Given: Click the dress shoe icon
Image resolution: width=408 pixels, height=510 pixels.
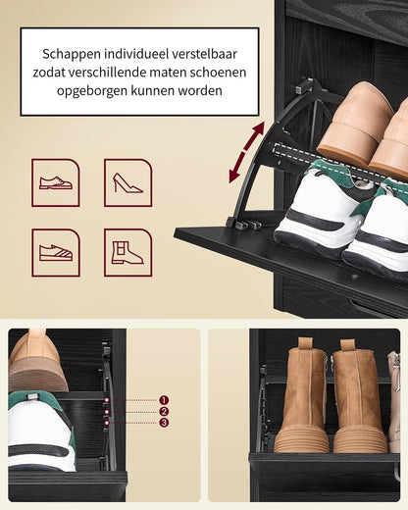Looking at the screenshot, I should click(x=56, y=182).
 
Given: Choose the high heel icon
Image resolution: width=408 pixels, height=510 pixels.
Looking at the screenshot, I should click(x=127, y=182).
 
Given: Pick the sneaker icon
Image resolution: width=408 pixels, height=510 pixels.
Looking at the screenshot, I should click(x=56, y=252).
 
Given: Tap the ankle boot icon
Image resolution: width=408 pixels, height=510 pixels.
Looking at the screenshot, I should click(x=127, y=252).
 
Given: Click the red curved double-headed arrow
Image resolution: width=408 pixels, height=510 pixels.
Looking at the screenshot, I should click(x=246, y=153).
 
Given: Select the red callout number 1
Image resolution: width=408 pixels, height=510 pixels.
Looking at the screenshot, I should click(x=164, y=400).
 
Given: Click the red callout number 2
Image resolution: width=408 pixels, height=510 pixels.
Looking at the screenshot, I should click(x=164, y=412).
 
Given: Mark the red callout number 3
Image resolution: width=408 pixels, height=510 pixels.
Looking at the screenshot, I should click(x=164, y=423).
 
